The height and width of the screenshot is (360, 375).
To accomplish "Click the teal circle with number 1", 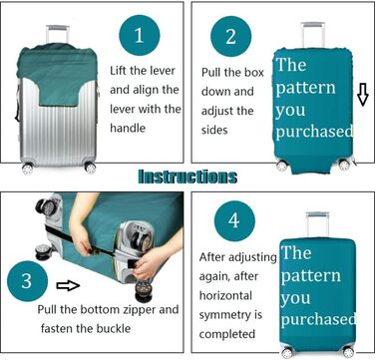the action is coord(140,35).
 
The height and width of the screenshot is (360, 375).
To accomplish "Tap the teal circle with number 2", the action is coord(231,36).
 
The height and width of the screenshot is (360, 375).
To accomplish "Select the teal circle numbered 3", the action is coord(27,281).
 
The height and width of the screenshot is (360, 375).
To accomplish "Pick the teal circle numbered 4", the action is coord(234,220).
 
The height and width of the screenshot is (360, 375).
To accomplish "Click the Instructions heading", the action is coord(187,177).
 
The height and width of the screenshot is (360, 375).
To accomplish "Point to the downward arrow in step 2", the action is coord(363,94).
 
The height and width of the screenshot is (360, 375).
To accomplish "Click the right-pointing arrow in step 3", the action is coord(68,285).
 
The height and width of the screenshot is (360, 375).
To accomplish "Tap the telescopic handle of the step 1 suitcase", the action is coord(58,34).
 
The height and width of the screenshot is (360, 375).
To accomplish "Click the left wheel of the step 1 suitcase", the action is coord(28,169).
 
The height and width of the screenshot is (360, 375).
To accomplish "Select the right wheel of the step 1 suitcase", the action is coord(90,168).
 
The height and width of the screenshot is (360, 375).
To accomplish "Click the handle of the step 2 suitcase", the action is coord(313,35).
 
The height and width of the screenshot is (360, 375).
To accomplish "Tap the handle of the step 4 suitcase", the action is coord(317,224).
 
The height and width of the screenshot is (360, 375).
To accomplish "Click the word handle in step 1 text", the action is coord(128,128).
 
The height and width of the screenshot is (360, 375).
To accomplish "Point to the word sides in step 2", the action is coord(214,130).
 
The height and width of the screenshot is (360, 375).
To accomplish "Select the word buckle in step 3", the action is coord(114,329).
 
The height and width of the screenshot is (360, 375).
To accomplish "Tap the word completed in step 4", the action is coord(227,334).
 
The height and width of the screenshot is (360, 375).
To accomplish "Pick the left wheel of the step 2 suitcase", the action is coord(282,166).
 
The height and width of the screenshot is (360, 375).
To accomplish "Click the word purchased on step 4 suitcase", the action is coord(318,320).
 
